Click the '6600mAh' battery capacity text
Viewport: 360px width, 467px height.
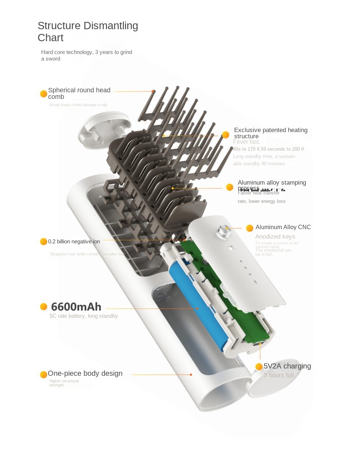coord(76,306)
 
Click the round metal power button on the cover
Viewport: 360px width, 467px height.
coord(223,231)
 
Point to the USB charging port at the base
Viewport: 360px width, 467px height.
coord(260,344)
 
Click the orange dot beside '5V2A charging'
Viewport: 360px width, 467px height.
coord(259,366)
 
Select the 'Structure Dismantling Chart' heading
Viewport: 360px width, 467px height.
coord(88,31)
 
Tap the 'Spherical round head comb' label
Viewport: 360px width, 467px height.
coord(79,93)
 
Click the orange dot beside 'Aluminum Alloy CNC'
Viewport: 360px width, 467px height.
coord(249,228)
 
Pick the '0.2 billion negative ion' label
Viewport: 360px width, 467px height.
coord(74,242)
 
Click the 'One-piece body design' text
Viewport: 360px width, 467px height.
coord(85,373)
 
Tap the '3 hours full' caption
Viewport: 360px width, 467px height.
coord(279,375)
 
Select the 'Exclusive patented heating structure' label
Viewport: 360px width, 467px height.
coord(271,133)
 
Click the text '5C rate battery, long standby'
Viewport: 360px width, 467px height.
coord(84,316)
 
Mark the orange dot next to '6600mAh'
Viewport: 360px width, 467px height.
coord(43,306)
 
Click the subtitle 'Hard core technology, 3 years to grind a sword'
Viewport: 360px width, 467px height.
coord(86,55)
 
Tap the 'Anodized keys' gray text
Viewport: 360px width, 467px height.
coord(275,236)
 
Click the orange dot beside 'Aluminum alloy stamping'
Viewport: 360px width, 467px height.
coord(229,187)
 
